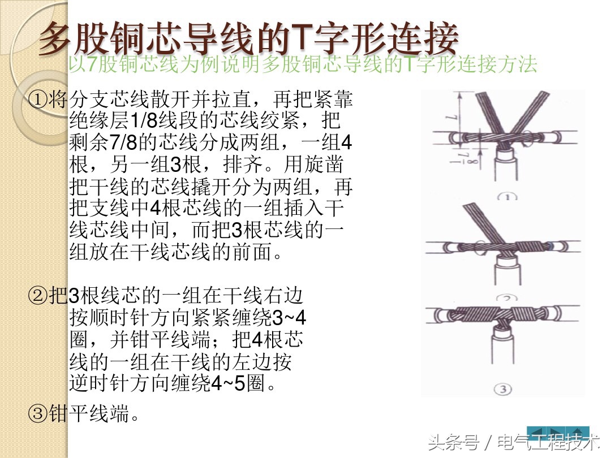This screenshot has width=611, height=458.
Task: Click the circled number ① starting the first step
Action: [38, 101]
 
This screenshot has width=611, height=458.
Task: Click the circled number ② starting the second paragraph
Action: [38, 296]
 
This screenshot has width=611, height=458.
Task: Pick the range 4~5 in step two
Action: [227, 384]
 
